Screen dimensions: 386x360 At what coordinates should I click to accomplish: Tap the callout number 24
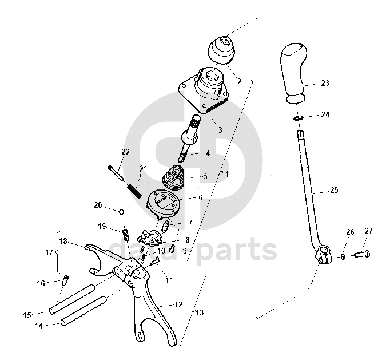[x=325, y=114]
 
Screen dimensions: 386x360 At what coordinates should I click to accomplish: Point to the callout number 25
[x=335, y=189]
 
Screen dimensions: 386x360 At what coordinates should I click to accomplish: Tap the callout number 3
[x=220, y=130]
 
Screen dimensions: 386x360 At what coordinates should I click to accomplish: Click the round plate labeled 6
[x=164, y=203]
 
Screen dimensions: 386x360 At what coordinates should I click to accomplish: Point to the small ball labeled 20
[x=122, y=212]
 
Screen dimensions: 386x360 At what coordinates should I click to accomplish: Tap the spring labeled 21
[x=134, y=189]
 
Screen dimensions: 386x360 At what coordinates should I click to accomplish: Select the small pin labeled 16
[x=66, y=279]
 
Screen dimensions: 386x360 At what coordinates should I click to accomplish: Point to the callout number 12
[x=178, y=304]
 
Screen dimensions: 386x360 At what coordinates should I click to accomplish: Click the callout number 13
[x=198, y=312]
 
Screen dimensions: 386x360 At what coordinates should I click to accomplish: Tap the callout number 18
[x=63, y=241]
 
